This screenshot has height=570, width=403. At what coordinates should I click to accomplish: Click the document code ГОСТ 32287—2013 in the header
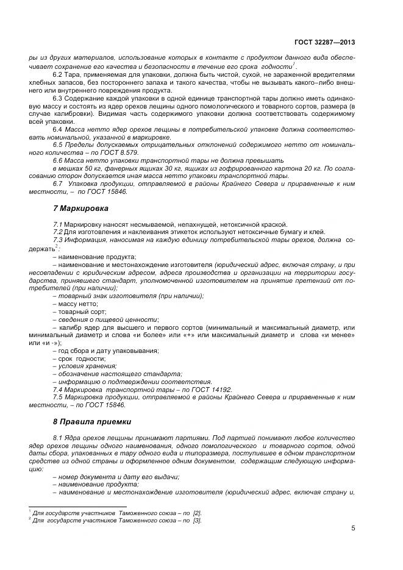pyautogui.click(x=326, y=42)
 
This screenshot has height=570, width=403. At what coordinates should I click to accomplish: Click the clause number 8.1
pyautogui.click(x=59, y=438)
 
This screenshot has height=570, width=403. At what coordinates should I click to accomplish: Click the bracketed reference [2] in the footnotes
pyautogui.click(x=197, y=513)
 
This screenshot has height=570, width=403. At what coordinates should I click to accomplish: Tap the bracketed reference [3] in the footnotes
pyautogui.click(x=197, y=521)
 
